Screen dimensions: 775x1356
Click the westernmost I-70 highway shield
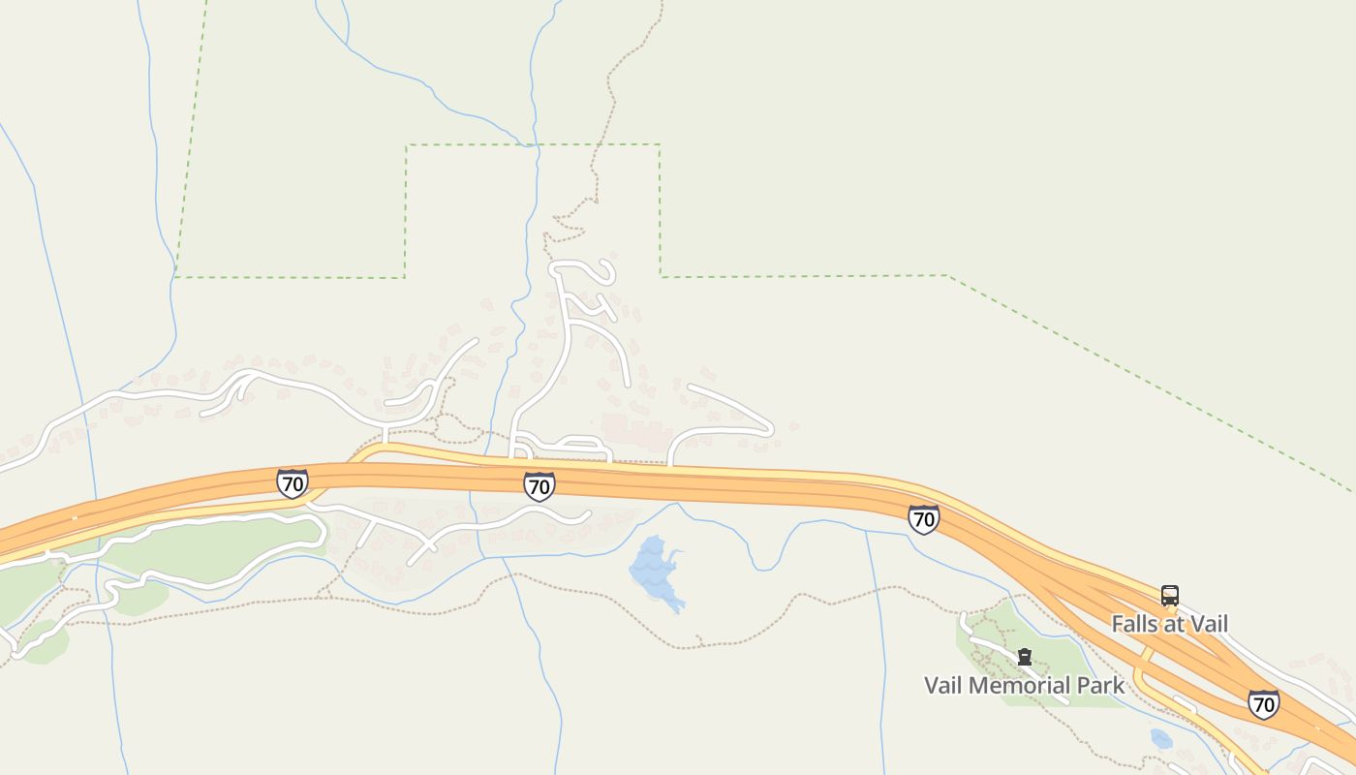tap(292, 482)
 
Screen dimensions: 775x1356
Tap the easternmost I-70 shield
tap(1263, 704)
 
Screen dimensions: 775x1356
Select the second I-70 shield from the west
tap(539, 486)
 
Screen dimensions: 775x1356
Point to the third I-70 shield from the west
tap(924, 519)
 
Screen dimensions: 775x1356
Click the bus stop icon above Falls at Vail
tap(1170, 595)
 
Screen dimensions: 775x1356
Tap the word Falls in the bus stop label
tap(1135, 624)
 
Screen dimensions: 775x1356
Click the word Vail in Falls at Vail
tap(1206, 624)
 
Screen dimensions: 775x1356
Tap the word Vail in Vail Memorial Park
tap(945, 686)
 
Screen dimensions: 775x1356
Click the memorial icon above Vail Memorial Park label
tap(1024, 657)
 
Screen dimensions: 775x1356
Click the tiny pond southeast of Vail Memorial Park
tap(1161, 739)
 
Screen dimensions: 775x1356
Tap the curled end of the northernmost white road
tap(607, 268)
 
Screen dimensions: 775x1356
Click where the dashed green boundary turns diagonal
tap(948, 276)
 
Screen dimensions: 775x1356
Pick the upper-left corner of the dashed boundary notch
tap(407, 146)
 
